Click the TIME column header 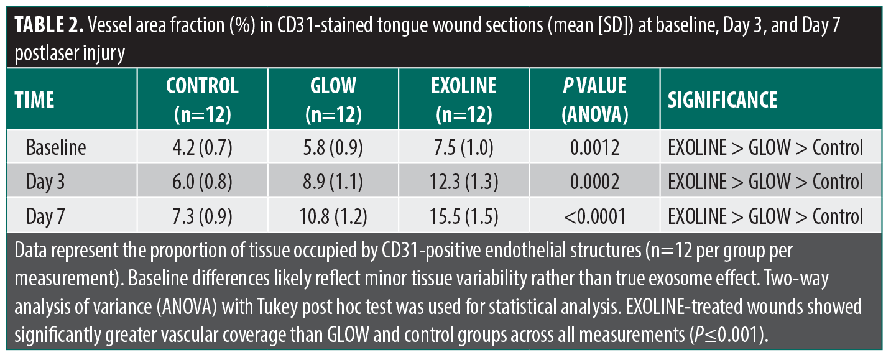(x=34, y=99)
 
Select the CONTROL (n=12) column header (x=202, y=99)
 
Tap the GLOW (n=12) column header (x=333, y=99)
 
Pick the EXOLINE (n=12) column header (x=464, y=99)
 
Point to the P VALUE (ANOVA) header (x=594, y=99)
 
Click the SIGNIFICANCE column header (x=722, y=99)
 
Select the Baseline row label (x=56, y=147)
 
